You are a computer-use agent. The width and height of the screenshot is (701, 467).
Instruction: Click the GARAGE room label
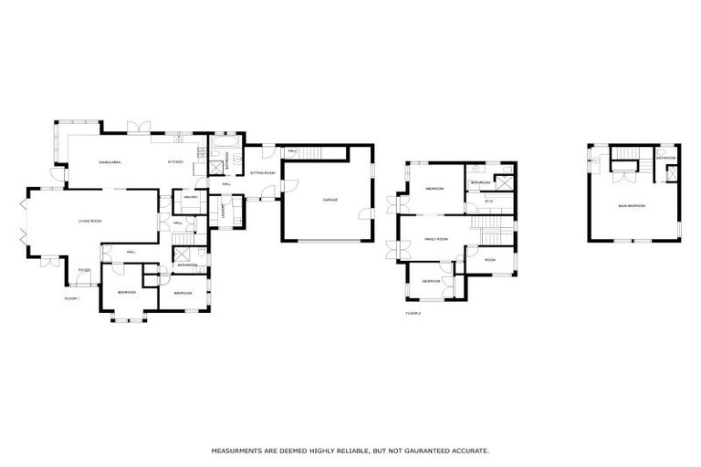tap(330, 200)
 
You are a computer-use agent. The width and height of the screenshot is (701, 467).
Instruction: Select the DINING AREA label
tap(111, 162)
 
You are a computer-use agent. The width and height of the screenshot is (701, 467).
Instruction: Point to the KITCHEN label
tap(174, 162)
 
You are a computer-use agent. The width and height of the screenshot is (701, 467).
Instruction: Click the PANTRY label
tap(190, 196)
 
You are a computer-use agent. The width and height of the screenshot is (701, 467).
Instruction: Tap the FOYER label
tap(83, 271)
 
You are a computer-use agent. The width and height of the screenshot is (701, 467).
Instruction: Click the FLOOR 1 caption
tap(72, 298)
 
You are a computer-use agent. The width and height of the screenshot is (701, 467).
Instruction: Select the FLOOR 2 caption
tap(413, 313)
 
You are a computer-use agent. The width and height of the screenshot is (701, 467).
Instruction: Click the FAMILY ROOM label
tap(436, 239)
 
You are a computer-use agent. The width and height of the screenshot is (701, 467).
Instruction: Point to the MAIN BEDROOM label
tap(632, 206)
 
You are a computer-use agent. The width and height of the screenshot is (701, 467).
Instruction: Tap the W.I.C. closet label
tap(488, 201)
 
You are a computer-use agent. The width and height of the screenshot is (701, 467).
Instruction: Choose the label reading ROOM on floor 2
tap(490, 260)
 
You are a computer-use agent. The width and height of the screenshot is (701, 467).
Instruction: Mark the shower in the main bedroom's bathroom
tap(672, 174)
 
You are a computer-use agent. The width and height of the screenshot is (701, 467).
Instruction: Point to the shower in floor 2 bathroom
tap(502, 182)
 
